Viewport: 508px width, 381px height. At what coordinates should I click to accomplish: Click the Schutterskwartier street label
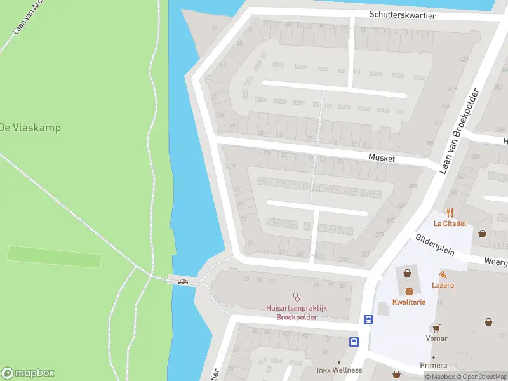click(x=402, y=15)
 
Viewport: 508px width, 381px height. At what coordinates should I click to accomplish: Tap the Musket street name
click(x=382, y=158)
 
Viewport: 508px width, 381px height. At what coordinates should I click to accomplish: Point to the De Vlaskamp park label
click(x=30, y=128)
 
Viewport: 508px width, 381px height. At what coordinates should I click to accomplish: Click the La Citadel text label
click(x=450, y=224)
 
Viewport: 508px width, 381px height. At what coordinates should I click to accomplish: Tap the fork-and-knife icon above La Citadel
click(x=450, y=213)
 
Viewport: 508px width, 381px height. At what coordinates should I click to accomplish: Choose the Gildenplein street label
click(x=435, y=244)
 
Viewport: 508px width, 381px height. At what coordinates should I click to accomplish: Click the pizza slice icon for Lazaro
click(x=443, y=274)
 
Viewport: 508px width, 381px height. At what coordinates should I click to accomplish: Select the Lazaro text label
click(x=443, y=285)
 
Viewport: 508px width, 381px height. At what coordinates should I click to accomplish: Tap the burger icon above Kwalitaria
click(x=409, y=291)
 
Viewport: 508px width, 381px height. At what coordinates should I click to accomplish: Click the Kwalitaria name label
click(x=409, y=302)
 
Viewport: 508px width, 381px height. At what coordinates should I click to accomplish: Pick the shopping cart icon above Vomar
click(x=436, y=328)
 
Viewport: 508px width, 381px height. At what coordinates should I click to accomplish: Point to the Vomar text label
click(x=436, y=338)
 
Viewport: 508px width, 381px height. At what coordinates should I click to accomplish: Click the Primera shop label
click(x=434, y=366)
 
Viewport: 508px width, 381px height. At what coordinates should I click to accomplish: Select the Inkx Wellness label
click(x=339, y=370)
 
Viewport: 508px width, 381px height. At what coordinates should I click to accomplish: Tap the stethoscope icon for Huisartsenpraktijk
click(x=296, y=297)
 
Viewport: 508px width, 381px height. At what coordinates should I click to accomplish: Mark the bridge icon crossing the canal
click(x=184, y=282)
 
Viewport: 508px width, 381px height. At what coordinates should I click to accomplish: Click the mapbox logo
click(x=29, y=373)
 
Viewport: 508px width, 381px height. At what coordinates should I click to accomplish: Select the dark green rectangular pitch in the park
click(x=54, y=257)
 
